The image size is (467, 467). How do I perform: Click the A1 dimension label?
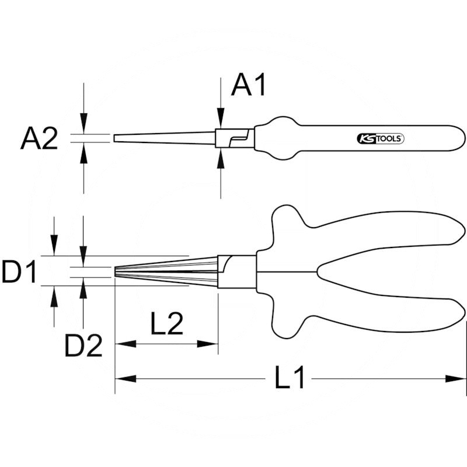click(x=249, y=85)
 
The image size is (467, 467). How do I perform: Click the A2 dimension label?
click(x=39, y=140)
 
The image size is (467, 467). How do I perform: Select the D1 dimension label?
click(x=19, y=272)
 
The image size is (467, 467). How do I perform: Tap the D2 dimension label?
click(x=83, y=346)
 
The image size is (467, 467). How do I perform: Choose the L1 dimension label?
click(x=290, y=379)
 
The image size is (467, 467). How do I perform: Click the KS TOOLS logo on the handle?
click(x=380, y=139)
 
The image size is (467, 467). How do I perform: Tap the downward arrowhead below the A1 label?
click(x=220, y=120)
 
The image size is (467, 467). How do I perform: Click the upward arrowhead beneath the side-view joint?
click(x=220, y=157)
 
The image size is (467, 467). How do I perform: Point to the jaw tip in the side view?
click(x=116, y=138)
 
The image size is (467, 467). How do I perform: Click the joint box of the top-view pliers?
click(x=236, y=272)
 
